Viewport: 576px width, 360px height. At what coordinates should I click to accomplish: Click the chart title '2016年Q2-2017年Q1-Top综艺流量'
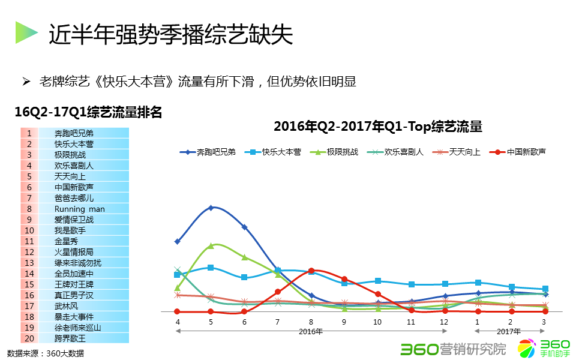tap(378, 127)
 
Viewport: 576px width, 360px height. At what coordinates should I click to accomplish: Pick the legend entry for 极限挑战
tap(334, 152)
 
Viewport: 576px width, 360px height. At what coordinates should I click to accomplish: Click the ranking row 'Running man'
tap(79, 209)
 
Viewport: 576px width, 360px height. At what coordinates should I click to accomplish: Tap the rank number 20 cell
tap(29, 338)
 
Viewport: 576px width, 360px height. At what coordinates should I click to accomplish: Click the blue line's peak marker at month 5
tap(211, 208)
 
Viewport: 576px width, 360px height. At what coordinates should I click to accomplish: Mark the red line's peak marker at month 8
tap(311, 271)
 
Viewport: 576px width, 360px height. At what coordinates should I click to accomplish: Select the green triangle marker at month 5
tap(211, 245)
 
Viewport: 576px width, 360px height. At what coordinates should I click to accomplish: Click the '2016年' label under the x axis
tap(311, 331)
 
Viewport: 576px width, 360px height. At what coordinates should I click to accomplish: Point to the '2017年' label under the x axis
tap(509, 331)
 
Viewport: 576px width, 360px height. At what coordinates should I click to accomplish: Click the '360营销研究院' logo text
tap(453, 349)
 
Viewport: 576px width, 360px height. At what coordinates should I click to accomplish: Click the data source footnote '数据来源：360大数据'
tap(46, 353)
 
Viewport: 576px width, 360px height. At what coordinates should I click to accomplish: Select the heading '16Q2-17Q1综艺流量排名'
tap(88, 112)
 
